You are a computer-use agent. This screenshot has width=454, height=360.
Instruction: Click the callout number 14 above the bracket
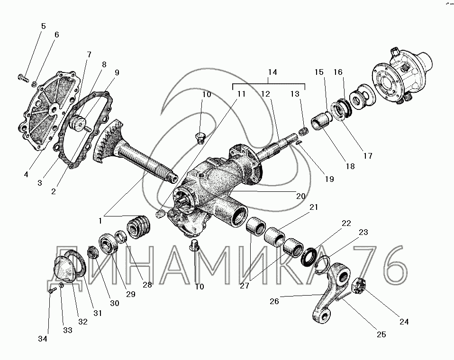272,72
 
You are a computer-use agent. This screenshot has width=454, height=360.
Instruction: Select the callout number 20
300,196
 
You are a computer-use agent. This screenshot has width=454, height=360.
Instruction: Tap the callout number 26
274,301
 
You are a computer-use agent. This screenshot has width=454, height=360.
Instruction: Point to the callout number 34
43,339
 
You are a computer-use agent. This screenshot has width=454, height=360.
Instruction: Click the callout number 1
100,221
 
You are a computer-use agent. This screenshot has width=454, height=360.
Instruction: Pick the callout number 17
368,156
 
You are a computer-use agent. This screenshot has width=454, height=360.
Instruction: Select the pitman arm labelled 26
330,292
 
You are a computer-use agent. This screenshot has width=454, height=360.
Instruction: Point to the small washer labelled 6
34,84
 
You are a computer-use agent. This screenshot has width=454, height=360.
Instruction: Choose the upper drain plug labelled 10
200,138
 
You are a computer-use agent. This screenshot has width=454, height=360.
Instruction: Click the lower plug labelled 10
194,247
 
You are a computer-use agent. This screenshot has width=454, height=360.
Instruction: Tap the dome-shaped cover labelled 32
64,269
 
